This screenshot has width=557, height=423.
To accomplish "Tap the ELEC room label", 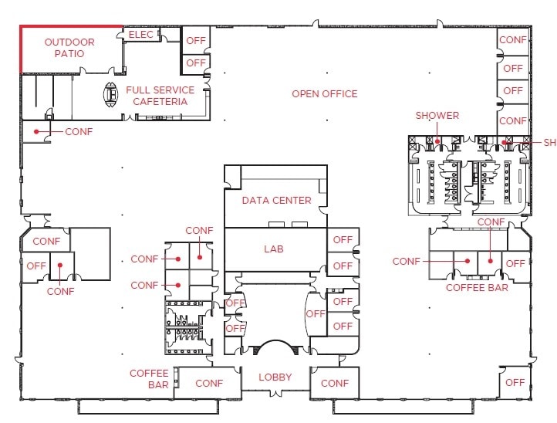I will pyautogui.click(x=141, y=35).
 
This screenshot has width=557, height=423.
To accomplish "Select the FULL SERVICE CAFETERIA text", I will pyautogui.click(x=160, y=96).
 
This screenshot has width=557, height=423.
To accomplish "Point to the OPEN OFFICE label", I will pyautogui.click(x=324, y=94).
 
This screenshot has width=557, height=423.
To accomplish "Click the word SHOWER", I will pyautogui.click(x=437, y=116).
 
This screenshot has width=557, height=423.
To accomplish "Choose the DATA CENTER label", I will pyautogui.click(x=276, y=201).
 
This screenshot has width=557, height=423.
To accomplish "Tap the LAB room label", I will pyautogui.click(x=274, y=249).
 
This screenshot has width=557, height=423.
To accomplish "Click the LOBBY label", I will pyautogui.click(x=275, y=377).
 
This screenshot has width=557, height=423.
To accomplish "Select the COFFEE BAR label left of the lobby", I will pyautogui.click(x=149, y=379).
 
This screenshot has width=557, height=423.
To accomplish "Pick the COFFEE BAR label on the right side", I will pyautogui.click(x=477, y=288).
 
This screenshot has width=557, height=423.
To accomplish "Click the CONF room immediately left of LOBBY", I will pyautogui.click(x=209, y=383).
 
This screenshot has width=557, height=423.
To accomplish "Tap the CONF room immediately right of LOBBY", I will pyautogui.click(x=334, y=383).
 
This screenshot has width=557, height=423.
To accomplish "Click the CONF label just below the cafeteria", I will pyautogui.click(x=79, y=132).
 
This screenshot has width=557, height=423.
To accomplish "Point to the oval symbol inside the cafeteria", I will pyautogui.click(x=110, y=95).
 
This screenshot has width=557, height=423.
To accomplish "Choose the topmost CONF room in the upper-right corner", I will pyautogui.click(x=513, y=39).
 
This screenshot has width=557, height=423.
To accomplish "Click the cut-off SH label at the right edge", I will pyautogui.click(x=549, y=143).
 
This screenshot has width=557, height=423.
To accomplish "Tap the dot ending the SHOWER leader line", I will pyautogui.click(x=437, y=141).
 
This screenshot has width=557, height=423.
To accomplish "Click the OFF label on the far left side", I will pyautogui.click(x=36, y=266).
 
